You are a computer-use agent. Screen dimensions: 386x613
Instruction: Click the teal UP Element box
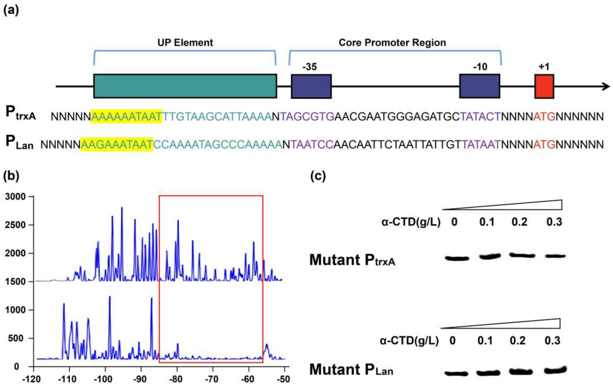click(x=185, y=86)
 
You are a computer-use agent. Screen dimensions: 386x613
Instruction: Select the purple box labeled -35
click(x=311, y=86)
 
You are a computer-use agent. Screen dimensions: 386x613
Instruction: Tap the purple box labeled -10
click(x=479, y=86)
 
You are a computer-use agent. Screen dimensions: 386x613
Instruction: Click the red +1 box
click(x=544, y=87)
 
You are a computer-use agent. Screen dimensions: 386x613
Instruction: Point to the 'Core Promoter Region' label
click(x=392, y=43)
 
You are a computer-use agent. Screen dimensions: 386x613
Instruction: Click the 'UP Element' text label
click(x=185, y=43)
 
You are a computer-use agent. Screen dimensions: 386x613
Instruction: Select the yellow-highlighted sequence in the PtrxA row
click(x=126, y=116)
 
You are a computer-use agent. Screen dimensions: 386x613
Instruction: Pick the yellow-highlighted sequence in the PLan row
click(x=117, y=145)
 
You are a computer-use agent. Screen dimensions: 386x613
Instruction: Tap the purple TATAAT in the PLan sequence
click(x=481, y=145)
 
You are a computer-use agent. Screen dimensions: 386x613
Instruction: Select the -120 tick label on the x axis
click(x=34, y=379)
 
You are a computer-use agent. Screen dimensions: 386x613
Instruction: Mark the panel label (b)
click(x=11, y=176)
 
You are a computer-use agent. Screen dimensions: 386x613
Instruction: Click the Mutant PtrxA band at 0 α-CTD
click(x=457, y=258)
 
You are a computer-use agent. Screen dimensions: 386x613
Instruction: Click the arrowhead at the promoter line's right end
click(x=606, y=87)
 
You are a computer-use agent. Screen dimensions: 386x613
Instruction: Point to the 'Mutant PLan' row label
click(x=351, y=369)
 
